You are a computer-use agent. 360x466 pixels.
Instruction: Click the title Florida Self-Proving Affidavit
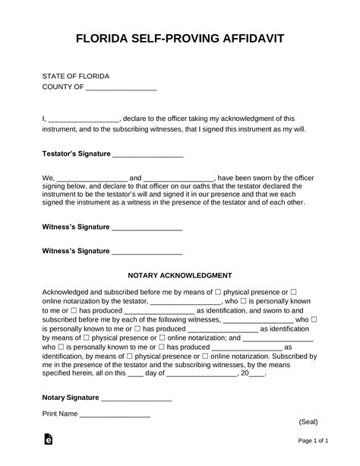click(x=180, y=39)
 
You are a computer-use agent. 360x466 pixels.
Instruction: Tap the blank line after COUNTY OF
click(x=121, y=88)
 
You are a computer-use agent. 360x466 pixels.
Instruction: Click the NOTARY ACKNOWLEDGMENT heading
click(x=180, y=275)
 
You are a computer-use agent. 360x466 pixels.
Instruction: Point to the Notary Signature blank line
click(x=136, y=398)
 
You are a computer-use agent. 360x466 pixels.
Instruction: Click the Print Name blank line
click(x=115, y=415)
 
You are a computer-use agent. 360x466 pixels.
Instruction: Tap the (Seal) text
click(x=308, y=421)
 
